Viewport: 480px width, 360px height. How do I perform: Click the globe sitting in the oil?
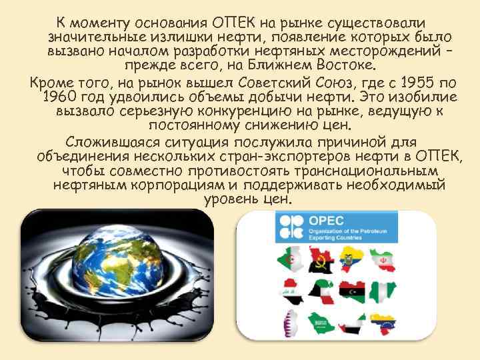click(115, 269)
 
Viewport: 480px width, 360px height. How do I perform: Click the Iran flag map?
click(385, 260)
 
